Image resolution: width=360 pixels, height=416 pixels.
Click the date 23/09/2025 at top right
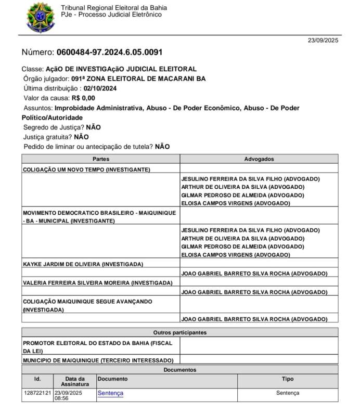[323, 40]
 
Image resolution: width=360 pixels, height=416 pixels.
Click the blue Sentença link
[110, 393]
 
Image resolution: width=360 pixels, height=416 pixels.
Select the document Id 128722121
[37, 393]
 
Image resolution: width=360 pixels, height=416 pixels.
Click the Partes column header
[101, 159]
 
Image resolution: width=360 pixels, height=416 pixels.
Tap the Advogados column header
[259, 159]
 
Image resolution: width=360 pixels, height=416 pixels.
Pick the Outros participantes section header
[180, 332]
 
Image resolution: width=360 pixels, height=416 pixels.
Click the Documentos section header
[180, 370]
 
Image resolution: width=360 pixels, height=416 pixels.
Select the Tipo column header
[288, 379]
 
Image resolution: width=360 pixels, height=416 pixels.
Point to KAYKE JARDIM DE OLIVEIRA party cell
[83, 264]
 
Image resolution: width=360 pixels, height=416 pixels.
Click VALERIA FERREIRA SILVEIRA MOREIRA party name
[97, 283]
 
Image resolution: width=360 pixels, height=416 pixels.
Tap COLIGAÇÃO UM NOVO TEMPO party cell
[86, 170]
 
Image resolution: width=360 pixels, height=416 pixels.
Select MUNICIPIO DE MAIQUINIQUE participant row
[98, 360]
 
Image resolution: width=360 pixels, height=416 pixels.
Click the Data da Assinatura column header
[75, 381]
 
